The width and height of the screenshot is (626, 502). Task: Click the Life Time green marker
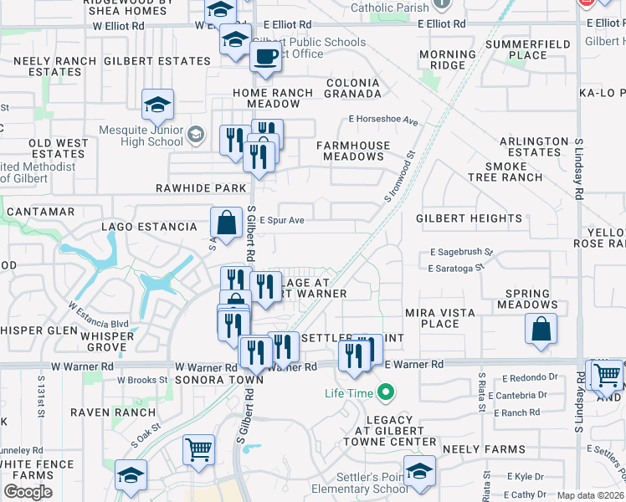click(x=386, y=392)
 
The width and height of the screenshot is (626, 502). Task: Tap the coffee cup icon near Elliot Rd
click(x=266, y=56)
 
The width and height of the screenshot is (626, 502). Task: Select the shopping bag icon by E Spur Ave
click(x=226, y=223)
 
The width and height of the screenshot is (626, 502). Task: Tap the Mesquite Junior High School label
click(x=141, y=136)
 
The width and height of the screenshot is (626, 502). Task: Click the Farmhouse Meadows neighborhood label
click(x=354, y=151)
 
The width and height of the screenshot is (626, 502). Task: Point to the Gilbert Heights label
click(x=469, y=218)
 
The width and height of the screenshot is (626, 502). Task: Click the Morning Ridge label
click(x=447, y=59)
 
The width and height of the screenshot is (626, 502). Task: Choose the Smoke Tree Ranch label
click(x=505, y=172)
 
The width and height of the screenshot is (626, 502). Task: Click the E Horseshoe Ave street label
click(x=383, y=120)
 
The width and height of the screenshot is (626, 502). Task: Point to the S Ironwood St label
click(x=400, y=177)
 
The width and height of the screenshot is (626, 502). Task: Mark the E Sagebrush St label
click(x=461, y=251)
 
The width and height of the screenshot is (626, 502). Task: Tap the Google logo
click(x=28, y=491)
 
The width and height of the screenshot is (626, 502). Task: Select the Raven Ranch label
click(x=112, y=412)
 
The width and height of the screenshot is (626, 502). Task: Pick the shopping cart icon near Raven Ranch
click(x=198, y=450)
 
